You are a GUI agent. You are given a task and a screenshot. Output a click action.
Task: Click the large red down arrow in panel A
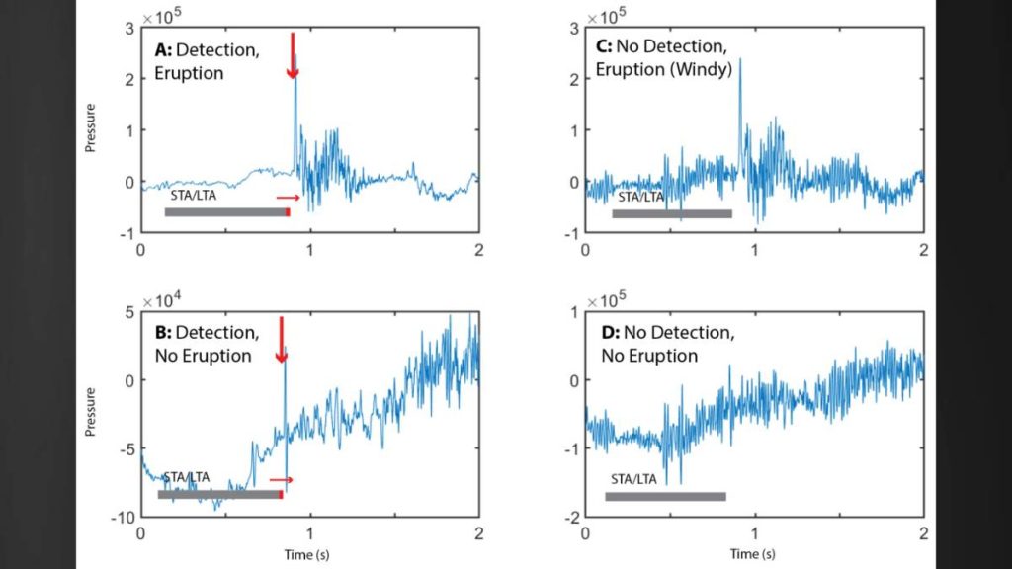click(292, 55)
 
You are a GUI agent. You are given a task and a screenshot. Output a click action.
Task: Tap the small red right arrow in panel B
click(282, 480)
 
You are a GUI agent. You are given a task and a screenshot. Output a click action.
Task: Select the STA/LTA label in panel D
click(633, 479)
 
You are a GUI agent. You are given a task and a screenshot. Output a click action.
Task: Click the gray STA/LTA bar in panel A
click(225, 212)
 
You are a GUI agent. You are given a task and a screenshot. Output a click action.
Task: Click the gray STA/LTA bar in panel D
click(665, 497)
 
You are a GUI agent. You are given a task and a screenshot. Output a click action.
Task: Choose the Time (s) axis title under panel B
click(309, 555)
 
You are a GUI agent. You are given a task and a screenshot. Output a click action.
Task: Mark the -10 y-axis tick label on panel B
click(122, 517)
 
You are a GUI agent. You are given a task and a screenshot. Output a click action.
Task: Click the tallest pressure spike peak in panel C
click(739, 59)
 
